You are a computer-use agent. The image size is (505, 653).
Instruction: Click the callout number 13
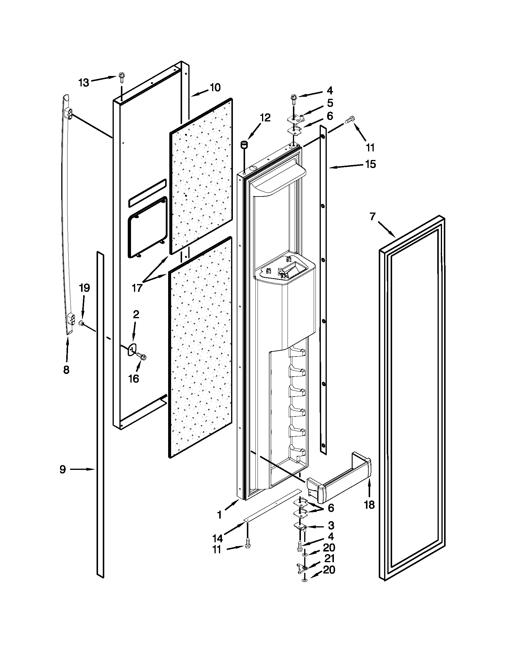click(84, 83)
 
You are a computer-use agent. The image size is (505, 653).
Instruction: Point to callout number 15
click(370, 164)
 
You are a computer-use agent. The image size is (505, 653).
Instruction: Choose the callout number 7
click(372, 216)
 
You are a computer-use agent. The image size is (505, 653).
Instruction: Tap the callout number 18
click(369, 505)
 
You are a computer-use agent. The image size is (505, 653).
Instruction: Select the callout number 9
click(62, 470)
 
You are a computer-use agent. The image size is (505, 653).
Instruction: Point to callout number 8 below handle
click(66, 370)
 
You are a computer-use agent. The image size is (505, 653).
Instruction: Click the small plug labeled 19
click(81, 323)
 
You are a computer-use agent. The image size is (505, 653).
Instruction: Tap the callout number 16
click(133, 378)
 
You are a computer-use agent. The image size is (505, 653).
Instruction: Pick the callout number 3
click(331, 525)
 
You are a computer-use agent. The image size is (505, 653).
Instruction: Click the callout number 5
click(330, 103)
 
